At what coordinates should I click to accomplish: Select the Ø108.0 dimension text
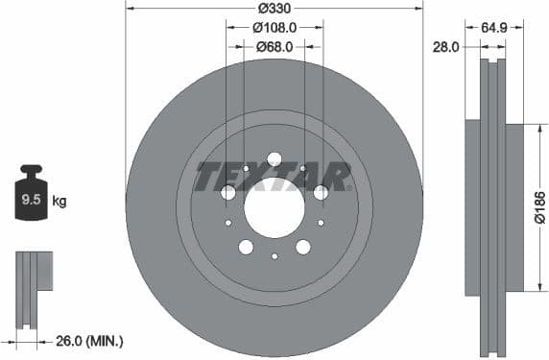(x=274, y=28)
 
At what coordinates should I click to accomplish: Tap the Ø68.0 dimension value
(x=274, y=45)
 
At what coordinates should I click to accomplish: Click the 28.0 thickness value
(x=444, y=45)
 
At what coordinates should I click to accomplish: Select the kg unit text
(x=60, y=202)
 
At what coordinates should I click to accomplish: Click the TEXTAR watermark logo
(x=274, y=177)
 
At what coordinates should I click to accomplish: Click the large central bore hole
(x=274, y=205)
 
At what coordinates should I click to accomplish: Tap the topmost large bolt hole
(x=274, y=158)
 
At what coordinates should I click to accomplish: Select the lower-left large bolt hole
(x=246, y=247)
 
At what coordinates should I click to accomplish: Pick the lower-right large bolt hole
(x=303, y=247)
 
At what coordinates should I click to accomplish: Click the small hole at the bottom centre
(x=274, y=256)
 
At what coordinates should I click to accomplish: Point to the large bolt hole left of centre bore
(x=228, y=193)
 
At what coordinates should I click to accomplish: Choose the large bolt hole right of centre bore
(x=321, y=193)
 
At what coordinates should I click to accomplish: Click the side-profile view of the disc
(x=493, y=206)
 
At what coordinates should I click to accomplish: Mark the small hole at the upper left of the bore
(x=246, y=169)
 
